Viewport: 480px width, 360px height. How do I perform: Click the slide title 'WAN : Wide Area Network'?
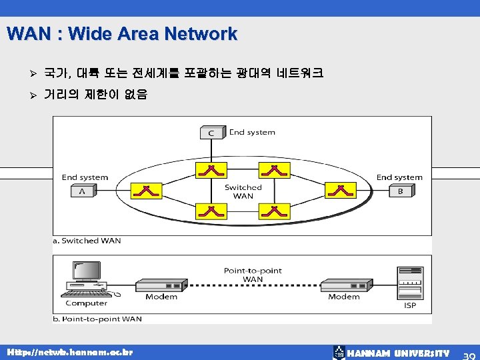click(x=122, y=33)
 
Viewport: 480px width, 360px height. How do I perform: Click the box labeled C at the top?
click(x=211, y=133)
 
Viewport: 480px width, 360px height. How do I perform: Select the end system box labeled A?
click(x=82, y=191)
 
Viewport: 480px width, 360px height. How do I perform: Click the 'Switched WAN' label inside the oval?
click(x=243, y=192)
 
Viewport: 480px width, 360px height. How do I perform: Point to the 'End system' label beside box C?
click(x=252, y=132)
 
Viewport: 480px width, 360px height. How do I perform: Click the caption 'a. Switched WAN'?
click(x=87, y=241)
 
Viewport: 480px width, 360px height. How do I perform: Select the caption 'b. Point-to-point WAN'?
click(x=97, y=319)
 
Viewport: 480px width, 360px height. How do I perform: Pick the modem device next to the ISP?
click(x=345, y=286)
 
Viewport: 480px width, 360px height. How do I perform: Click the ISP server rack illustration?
click(x=410, y=283)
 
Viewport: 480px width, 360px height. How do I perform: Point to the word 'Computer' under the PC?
click(x=86, y=303)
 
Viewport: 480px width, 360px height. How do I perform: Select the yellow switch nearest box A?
click(x=146, y=191)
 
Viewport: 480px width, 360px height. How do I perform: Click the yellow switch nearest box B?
click(x=341, y=191)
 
